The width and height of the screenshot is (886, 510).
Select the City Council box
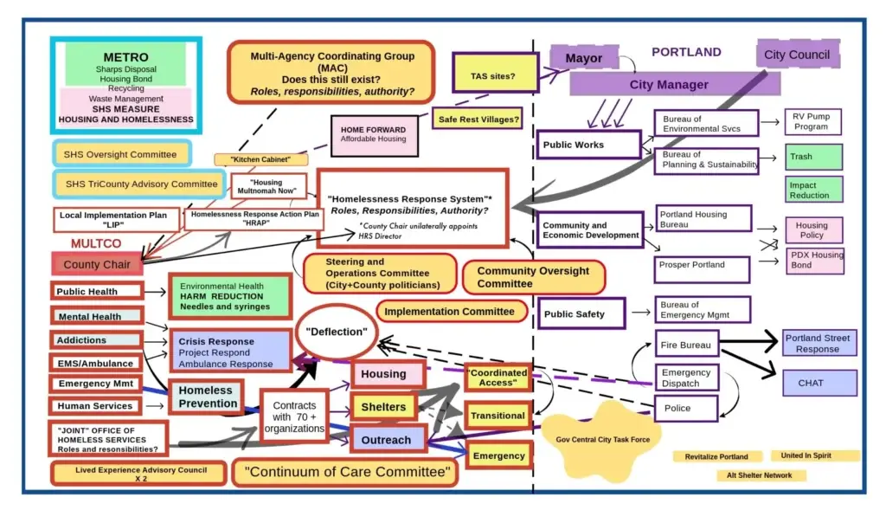pos(797,55)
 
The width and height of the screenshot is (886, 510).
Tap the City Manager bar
pos(668,85)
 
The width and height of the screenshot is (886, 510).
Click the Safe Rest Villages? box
pos(478,119)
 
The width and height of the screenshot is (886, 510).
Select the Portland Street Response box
pos(818,343)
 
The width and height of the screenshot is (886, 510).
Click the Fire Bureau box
pos(686,345)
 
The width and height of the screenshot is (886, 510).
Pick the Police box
pos(685,408)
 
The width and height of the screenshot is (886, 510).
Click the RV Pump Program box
pos(812,121)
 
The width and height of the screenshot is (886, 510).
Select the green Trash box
pos(813,157)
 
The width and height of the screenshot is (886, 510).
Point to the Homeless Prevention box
pos(208,397)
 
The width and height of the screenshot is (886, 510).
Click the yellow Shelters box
pos(382,407)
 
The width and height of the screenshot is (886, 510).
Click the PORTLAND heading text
pos(685,52)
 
